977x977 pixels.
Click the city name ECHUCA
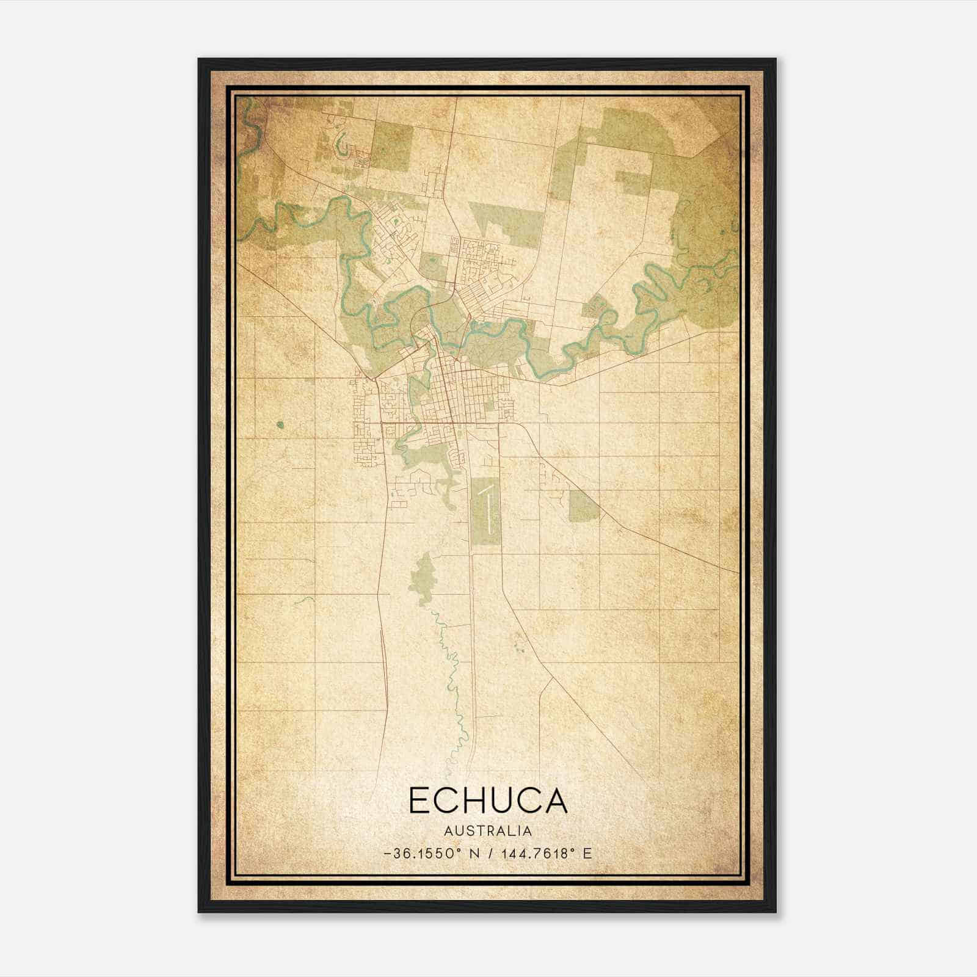(488, 800)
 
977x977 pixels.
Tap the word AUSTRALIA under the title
(488, 831)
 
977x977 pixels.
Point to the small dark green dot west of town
(280, 424)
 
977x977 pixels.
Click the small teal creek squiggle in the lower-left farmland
(304, 601)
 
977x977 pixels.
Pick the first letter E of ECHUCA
(421, 800)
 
